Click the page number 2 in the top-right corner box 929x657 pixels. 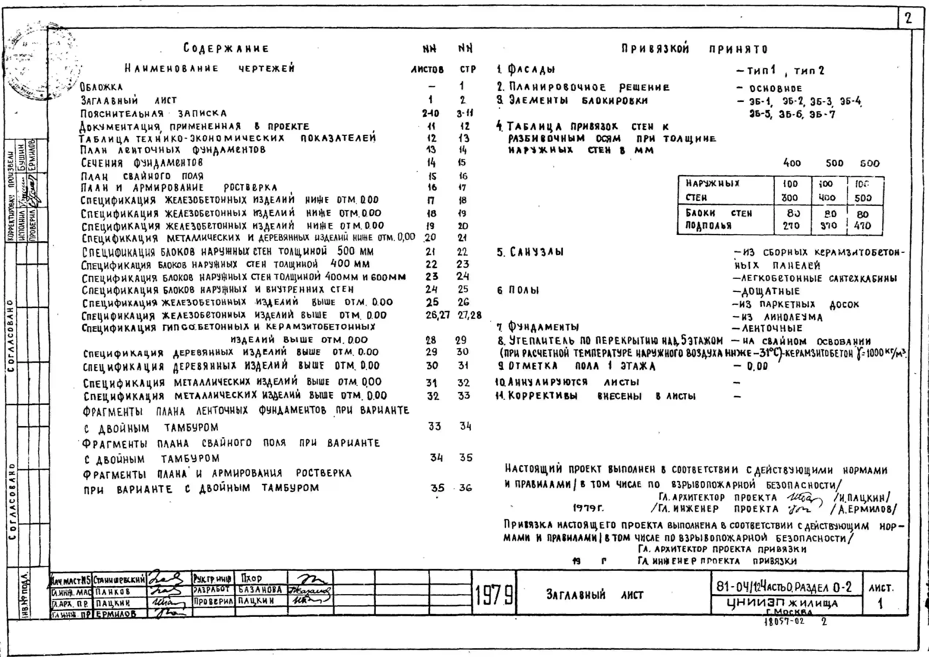point(908,18)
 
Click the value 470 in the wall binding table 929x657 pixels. point(862,226)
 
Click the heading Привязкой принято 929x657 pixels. point(694,49)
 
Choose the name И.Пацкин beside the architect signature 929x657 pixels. point(862,497)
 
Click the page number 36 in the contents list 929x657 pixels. point(466,488)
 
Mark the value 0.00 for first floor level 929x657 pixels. point(757,367)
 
